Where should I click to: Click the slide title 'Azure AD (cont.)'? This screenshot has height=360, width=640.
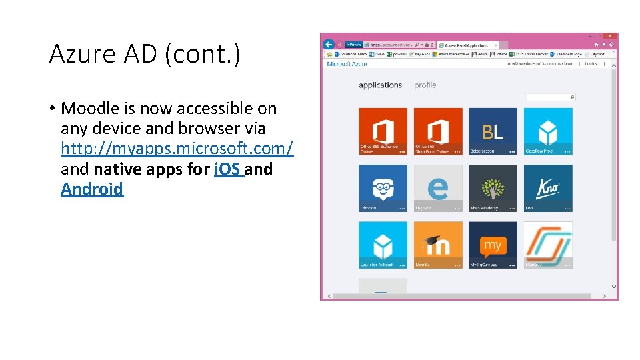point(145,55)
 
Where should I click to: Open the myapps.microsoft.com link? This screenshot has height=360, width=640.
point(177,149)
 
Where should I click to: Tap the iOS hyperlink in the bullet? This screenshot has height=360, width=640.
point(229,169)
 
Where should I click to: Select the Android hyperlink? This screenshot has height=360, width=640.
point(92,189)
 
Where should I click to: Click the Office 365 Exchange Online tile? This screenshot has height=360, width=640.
point(383,131)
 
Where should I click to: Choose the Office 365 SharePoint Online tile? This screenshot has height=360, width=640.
point(438,131)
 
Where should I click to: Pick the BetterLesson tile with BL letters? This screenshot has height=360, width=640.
point(493,131)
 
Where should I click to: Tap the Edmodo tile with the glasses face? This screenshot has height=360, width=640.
point(383,188)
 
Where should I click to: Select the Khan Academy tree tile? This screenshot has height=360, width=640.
point(493,188)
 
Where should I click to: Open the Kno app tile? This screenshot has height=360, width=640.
point(547,188)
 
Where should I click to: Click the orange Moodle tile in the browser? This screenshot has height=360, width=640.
point(438,245)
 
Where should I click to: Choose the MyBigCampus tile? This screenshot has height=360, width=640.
point(493,245)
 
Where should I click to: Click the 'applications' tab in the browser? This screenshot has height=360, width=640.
point(380,85)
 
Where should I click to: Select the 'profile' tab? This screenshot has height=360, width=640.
point(425,85)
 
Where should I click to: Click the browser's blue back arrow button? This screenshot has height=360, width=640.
point(329,43)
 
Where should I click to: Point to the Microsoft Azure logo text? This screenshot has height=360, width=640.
point(347,64)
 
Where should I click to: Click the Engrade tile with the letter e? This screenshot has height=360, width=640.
point(438,188)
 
